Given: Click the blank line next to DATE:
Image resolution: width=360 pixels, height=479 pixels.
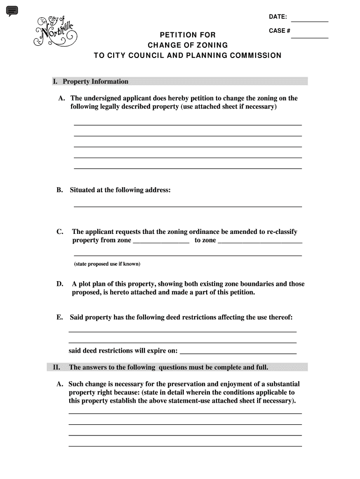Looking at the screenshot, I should click(x=310, y=21).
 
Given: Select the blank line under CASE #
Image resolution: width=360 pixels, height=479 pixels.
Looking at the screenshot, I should click(x=310, y=36).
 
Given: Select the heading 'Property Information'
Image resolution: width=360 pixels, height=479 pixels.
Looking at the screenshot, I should click(x=95, y=81).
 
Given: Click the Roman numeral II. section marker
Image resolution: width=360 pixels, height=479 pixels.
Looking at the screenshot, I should click(x=56, y=367).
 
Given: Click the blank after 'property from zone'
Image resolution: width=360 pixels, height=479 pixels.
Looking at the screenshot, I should click(x=161, y=242).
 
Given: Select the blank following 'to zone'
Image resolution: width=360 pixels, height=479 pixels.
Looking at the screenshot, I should click(x=260, y=242).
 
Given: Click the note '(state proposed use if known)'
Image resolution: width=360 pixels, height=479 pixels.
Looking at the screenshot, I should click(x=107, y=264).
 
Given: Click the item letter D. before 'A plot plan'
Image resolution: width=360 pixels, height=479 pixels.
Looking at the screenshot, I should click(x=60, y=284).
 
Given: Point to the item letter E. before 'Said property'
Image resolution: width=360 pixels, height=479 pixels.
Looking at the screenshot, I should click(x=60, y=317).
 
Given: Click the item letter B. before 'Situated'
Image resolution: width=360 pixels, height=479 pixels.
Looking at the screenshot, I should click(x=60, y=190).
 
